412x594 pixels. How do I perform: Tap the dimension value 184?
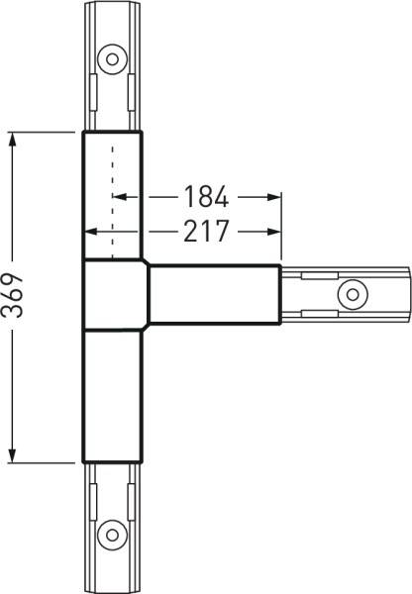tap(206, 196)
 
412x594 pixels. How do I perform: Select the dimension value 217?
tap(206, 232)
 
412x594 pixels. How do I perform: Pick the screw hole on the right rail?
tap(350, 293)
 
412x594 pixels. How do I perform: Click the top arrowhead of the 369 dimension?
tap(14, 139)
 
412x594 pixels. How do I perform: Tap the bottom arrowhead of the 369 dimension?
tap(14, 455)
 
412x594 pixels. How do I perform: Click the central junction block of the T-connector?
tap(115, 294)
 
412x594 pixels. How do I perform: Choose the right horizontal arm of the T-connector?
tap(213, 294)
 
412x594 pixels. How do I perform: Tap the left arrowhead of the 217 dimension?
tap(91, 232)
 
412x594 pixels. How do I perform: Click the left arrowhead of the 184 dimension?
tap(120, 196)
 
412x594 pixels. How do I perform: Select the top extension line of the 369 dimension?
tap(45, 131)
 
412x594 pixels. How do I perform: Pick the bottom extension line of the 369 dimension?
tap(45, 462)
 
